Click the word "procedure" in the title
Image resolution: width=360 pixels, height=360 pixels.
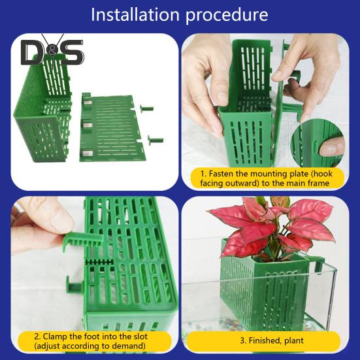tap(228, 16)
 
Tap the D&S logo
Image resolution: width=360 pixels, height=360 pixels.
tap(52, 53)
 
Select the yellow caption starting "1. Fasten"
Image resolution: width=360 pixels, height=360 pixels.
tap(264, 178)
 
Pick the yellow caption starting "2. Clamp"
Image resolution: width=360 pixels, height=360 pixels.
tap(91, 340)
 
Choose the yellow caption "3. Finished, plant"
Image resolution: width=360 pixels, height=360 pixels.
tap(270, 340)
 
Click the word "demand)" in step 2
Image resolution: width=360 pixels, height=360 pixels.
tap(125, 346)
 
